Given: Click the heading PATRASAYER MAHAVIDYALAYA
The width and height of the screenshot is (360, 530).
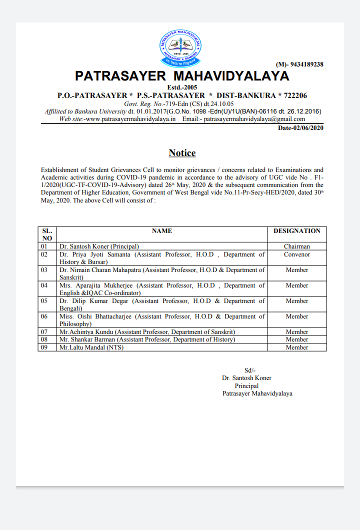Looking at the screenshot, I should click(182, 76).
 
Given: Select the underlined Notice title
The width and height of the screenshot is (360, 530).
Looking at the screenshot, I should click(182, 153).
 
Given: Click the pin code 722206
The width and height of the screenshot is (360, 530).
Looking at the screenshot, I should click(292, 95).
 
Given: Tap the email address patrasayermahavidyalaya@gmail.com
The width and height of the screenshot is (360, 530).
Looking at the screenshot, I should click(254, 119).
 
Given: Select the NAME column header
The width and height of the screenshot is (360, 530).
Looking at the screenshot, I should click(161, 231).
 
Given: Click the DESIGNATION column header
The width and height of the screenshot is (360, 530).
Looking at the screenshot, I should click(297, 231).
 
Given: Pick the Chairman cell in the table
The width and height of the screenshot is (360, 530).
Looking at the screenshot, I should click(297, 246).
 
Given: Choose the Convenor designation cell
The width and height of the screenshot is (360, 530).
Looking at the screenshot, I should click(297, 254).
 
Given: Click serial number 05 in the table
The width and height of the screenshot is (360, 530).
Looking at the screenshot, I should click(44, 301).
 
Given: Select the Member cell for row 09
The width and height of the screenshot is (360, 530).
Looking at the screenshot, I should click(297, 347).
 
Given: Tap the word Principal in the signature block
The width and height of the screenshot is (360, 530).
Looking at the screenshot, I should click(247, 386).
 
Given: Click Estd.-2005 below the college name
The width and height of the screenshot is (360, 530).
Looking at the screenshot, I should click(182, 87).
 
